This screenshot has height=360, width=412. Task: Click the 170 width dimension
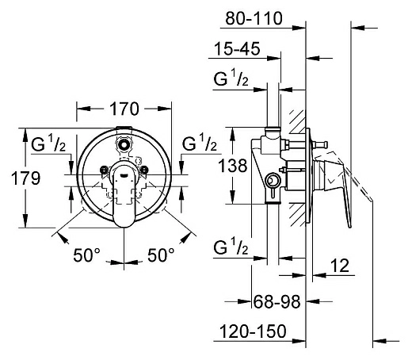[124, 109]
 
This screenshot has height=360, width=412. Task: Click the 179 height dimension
[26, 178]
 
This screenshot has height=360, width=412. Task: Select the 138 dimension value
[233, 166]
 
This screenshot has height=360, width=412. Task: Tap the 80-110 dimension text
[254, 18]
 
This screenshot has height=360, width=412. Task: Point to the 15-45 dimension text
[237, 48]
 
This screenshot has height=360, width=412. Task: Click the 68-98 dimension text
[277, 301]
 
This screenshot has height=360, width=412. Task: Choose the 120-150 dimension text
[253, 331]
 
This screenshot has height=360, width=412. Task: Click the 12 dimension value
[340, 265]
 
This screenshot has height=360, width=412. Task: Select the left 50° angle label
[87, 255]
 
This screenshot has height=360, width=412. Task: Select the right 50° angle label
[161, 255]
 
